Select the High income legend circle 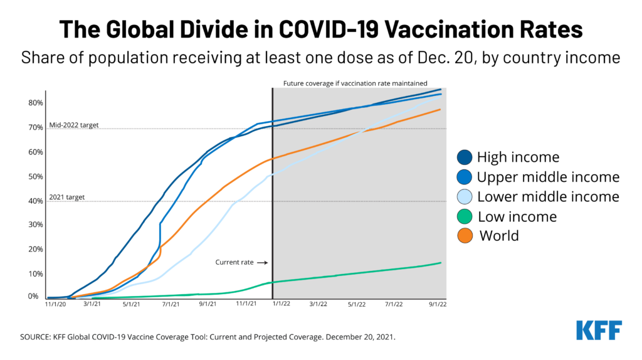pyautogui.click(x=465, y=157)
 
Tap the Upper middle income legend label pyautogui.click(x=548, y=177)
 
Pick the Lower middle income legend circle pyautogui.click(x=465, y=197)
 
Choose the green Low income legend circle pyautogui.click(x=465, y=216)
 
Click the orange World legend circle pyautogui.click(x=465, y=236)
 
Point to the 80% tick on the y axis pyautogui.click(x=36, y=103)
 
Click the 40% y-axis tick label pyautogui.click(x=36, y=201)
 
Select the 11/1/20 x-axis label pyautogui.click(x=56, y=304)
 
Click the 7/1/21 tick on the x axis pyautogui.click(x=169, y=304)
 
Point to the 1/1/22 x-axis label pyautogui.click(x=280, y=304)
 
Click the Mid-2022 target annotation pyautogui.click(x=73, y=125)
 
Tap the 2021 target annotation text pyautogui.click(x=66, y=198)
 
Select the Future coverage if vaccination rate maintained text pyautogui.click(x=355, y=83)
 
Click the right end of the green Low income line pyautogui.click(x=440, y=263)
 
